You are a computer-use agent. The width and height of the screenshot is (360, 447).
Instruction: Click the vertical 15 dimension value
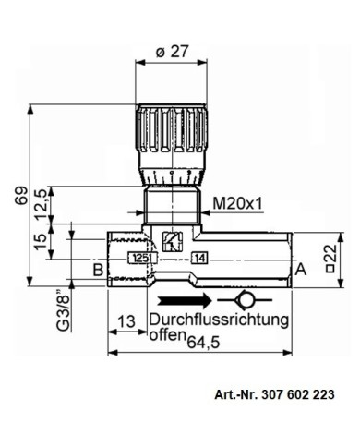[40, 242]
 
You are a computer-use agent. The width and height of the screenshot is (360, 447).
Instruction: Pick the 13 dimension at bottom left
[128, 321]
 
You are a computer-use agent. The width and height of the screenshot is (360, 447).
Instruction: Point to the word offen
[166, 337]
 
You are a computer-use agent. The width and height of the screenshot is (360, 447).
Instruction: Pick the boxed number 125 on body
[138, 259]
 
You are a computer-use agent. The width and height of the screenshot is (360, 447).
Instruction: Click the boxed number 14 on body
[200, 259]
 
